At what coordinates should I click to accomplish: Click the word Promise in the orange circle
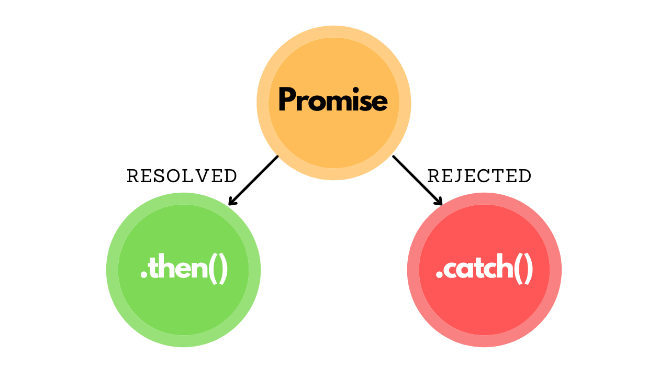333,100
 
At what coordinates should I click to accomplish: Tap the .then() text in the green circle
184,269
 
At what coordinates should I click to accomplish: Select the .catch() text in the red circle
484,269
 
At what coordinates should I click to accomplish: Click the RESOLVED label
182,176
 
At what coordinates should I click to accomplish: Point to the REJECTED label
479,176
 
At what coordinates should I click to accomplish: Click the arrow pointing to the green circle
254,180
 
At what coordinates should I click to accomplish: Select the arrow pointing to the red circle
417,180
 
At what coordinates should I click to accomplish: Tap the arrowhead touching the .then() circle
232,202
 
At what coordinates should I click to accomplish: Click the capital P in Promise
287,99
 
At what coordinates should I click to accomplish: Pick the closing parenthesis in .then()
224,269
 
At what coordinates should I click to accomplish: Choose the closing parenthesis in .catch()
529,269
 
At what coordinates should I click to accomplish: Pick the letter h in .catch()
504,268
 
